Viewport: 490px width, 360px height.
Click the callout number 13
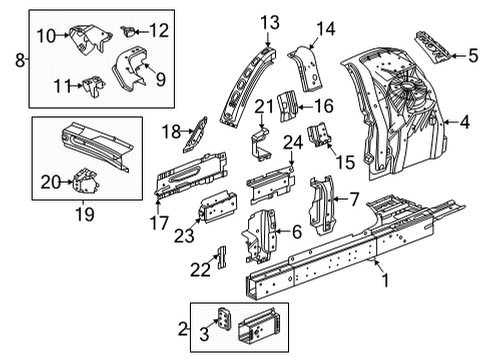coord(270,22)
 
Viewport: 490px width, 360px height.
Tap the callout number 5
coord(472,56)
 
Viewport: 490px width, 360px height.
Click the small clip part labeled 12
coord(127,29)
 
